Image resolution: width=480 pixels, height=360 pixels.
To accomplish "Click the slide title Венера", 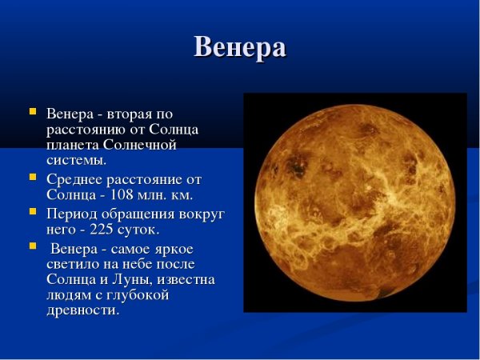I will coord(239,47).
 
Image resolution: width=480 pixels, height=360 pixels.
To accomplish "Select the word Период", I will coord(71,214).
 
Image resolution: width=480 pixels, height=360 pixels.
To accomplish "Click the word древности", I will coord(82,310).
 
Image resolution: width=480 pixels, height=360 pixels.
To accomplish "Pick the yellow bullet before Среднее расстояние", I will coord(32,176).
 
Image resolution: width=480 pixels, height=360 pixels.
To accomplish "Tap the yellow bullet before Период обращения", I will coord(32,211).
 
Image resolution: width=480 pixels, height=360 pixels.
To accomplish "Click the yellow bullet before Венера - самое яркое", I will coord(32,246).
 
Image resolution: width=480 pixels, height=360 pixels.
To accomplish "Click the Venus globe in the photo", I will coord(354,202).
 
